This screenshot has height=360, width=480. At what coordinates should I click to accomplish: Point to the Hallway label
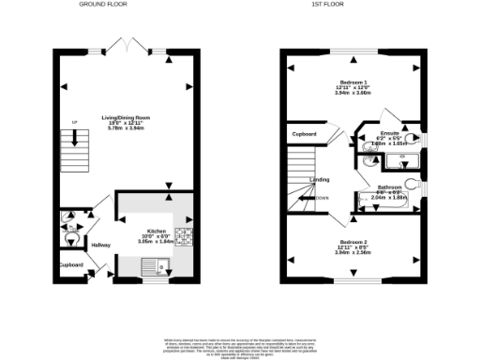click(100, 245)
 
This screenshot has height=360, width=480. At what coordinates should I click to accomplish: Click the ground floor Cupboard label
click(71, 265)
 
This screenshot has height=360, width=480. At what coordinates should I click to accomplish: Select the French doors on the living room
click(125, 46)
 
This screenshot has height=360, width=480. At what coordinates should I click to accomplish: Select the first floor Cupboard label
click(303, 135)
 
